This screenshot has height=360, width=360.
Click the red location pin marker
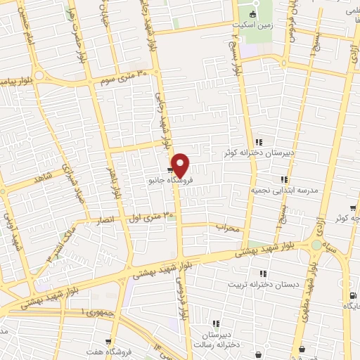click(180, 165)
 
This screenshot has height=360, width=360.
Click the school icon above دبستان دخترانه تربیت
click(263, 274)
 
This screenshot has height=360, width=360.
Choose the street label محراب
click(229, 228)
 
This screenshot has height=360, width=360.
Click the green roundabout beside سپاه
click(316, 245)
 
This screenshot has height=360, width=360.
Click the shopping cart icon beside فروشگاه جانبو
click(171, 169)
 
